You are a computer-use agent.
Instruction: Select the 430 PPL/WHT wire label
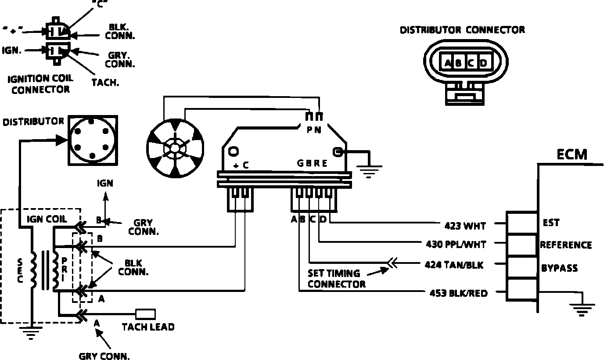click(456, 244)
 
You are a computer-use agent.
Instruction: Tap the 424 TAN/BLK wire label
click(454, 265)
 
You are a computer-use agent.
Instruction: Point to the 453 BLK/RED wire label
click(459, 293)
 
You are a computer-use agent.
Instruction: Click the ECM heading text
click(571, 155)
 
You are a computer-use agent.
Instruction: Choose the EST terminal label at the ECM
click(551, 223)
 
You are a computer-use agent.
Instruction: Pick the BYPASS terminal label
click(559, 268)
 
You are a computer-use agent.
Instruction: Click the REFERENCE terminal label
click(566, 245)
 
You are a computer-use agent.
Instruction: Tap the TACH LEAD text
click(148, 327)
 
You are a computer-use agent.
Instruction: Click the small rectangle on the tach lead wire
click(145, 314)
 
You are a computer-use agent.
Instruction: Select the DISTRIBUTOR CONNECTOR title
click(462, 30)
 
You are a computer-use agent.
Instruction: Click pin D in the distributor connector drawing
click(483, 63)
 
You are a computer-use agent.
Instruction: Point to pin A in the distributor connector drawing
click(448, 63)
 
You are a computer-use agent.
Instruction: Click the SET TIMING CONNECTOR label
click(336, 278)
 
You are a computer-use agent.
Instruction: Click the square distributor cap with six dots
click(92, 140)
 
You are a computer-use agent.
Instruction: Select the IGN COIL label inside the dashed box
click(47, 219)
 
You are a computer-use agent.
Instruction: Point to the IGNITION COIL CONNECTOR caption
click(41, 84)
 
